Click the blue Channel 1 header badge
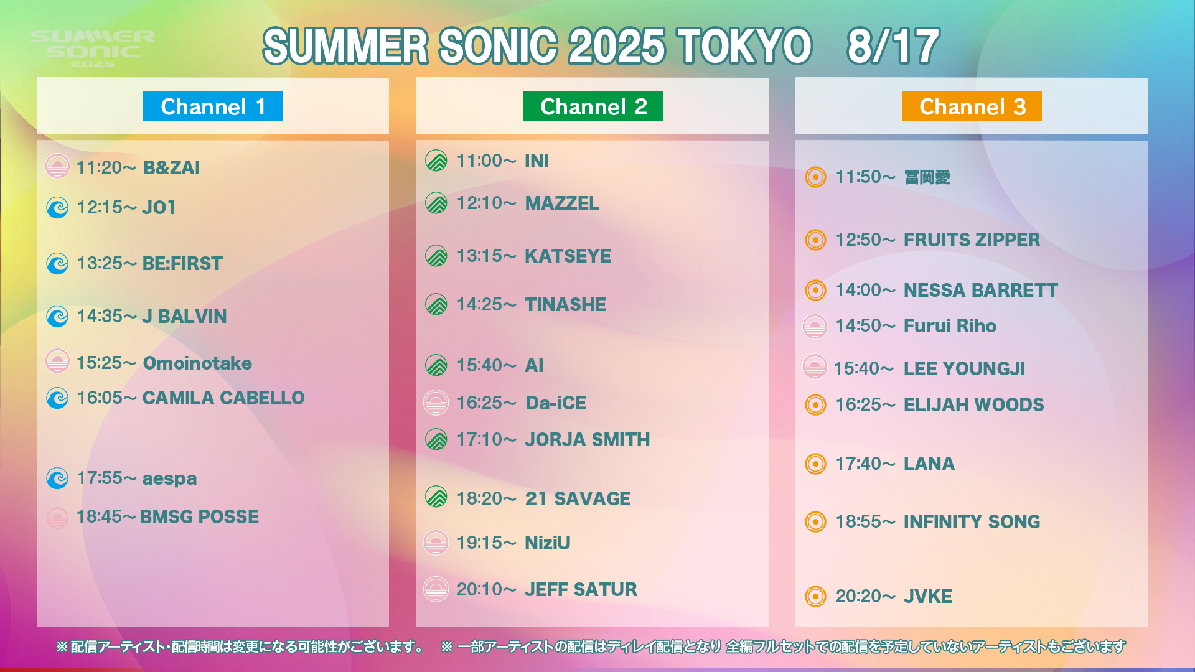coord(213,106)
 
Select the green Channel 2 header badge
coord(593,106)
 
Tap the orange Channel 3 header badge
coord(972,106)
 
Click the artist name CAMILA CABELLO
coord(223,398)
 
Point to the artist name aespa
coord(169,479)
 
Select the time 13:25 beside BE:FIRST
coord(99,264)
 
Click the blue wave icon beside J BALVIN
coord(57,317)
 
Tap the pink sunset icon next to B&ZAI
coord(57,166)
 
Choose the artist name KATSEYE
coord(568,256)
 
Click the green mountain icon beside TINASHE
coord(436,304)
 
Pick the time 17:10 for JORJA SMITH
coord(479,440)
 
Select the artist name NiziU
coord(548,543)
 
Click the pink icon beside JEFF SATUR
coord(436,589)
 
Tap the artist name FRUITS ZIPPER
coord(972,240)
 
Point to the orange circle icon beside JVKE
coord(815,596)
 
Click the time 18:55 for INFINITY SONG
coord(858,522)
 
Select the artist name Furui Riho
coord(950,326)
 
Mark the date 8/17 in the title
coord(893,47)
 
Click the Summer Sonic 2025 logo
coord(93,49)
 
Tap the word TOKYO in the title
coord(745,47)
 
